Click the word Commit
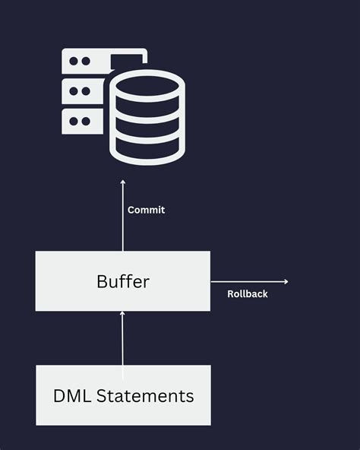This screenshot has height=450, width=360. pos(146,210)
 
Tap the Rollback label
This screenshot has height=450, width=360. pos(248,293)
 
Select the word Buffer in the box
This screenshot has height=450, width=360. pos(123,281)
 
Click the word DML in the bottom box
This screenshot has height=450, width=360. pos(72,396)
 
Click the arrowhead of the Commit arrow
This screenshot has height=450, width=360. pos(123,182)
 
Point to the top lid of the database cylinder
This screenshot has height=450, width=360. pos(147,84)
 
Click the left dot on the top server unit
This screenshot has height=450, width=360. pos(74,61)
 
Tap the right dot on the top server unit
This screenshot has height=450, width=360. pos(85,61)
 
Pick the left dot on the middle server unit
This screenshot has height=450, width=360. pos(74,91)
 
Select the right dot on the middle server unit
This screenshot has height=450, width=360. pos(85,91)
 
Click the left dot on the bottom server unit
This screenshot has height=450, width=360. pos(74,120)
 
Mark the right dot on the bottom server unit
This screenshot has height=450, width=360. pos(85,120)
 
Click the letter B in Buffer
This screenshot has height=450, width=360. pos(102,281)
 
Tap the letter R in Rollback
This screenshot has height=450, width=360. pos(231,293)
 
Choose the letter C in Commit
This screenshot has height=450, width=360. pos(131,210)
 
